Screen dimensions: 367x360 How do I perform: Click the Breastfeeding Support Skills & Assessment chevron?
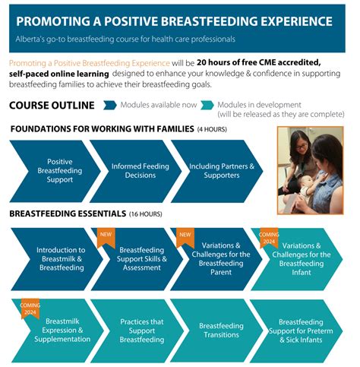tap(142, 258)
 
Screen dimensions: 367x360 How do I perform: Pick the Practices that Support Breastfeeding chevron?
tap(142, 331)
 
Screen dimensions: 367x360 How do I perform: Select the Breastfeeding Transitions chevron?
tap(220, 331)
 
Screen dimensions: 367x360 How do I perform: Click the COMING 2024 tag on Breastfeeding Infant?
tap(269, 237)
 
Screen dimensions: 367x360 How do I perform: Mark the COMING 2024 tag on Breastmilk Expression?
tap(30, 308)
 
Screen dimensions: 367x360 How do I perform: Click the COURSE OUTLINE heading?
tap(52, 106)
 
